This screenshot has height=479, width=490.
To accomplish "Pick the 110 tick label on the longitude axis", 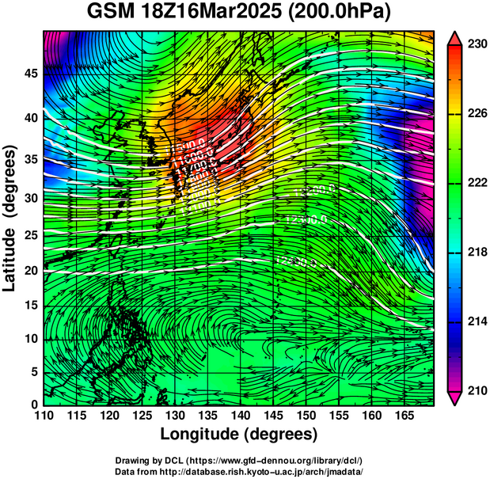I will tap(44, 416).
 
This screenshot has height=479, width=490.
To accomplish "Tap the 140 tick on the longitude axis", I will tap(240, 416).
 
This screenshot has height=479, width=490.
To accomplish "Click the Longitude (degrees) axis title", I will tap(239, 435).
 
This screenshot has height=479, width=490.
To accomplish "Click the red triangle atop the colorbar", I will tap(455, 38).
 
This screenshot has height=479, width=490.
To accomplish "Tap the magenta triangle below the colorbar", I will tap(455, 398).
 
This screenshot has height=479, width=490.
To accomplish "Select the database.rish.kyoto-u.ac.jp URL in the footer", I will tap(283, 470).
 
